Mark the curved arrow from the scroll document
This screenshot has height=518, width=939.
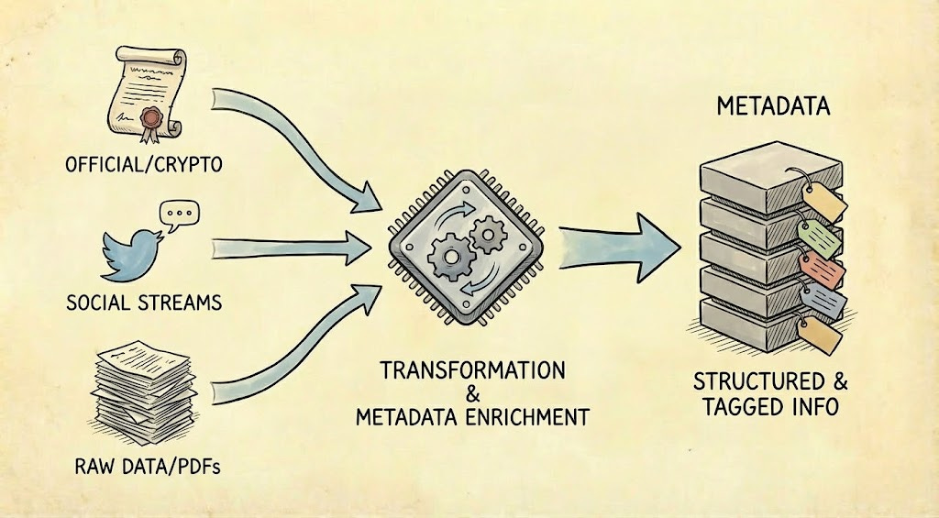303,138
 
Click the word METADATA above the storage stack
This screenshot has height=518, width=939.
771,107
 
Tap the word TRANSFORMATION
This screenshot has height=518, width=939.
472,370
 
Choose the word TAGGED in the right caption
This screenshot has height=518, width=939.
738,405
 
